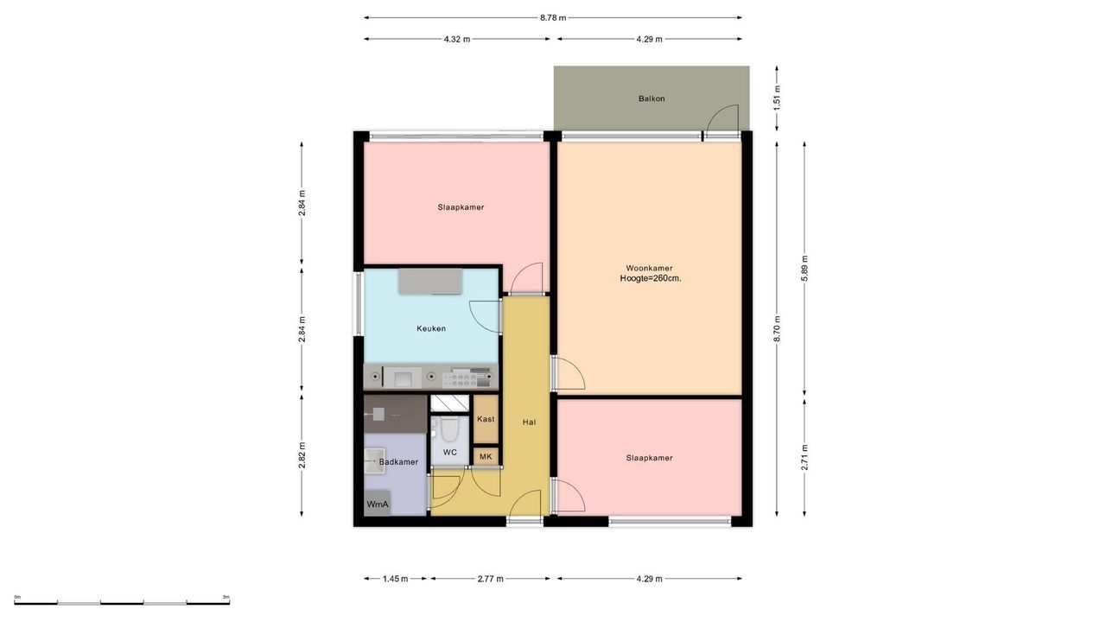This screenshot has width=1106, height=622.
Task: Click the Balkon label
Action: pos(652,98)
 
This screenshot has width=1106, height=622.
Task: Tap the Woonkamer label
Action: pos(649,269)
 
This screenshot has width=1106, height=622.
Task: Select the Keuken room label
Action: pos(431,329)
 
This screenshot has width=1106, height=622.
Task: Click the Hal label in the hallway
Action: pos(529,422)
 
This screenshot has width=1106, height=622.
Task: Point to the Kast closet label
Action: pos(486,419)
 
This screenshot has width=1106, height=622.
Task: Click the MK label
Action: pos(486,457)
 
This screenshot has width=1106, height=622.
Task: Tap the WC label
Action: pos(449,452)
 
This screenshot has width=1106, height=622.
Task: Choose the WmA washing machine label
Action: pos(378,505)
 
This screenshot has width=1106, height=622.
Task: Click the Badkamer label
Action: pos(398,462)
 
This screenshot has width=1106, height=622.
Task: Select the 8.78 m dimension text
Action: pos(553,18)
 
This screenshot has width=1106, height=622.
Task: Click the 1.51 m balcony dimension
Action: pos(777,98)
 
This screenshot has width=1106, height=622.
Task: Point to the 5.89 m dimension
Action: pos(804,269)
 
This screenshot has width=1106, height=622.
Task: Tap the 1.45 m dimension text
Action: pos(395,579)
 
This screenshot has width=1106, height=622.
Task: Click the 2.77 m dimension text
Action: pos(490,579)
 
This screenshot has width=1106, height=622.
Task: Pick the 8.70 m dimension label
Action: pos(777,328)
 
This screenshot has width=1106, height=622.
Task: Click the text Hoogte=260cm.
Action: pos(651,278)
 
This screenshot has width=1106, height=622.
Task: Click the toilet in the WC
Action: pos(449,429)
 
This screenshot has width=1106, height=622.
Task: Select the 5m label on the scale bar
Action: pos(226,597)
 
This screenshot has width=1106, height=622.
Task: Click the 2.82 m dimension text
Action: pos(302,455)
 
